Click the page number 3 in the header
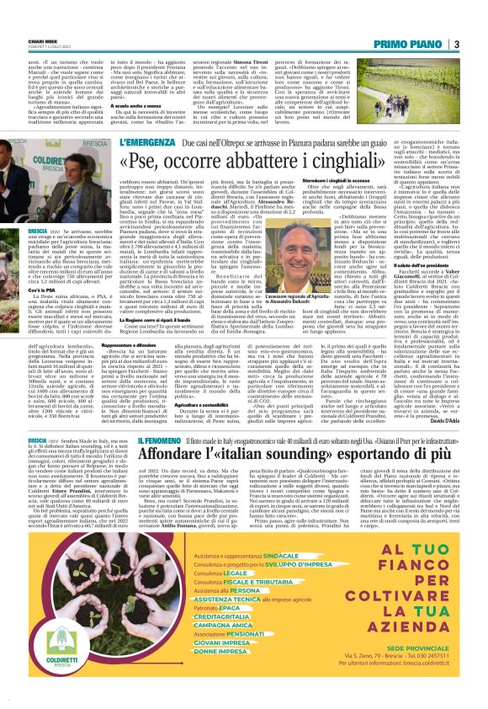456,45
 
